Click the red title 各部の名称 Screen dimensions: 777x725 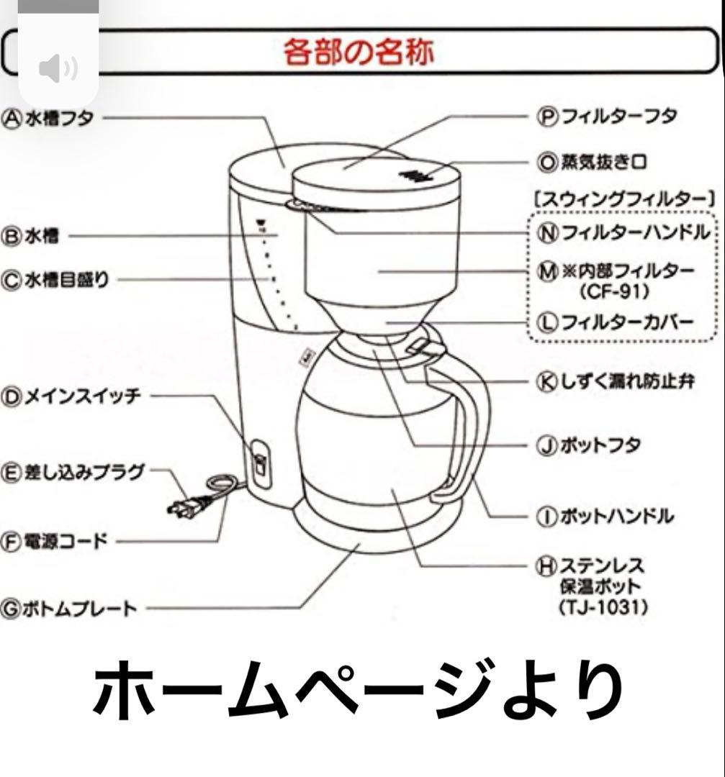click(358, 52)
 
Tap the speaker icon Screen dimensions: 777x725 click(58, 69)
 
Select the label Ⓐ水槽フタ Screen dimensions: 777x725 click(49, 118)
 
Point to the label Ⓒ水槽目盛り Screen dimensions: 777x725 click(55, 280)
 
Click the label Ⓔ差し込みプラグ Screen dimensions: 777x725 click(73, 473)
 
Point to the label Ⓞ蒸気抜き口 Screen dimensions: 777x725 click(592, 162)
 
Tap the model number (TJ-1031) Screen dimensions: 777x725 click(603, 607)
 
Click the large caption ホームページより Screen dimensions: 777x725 click(358, 692)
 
